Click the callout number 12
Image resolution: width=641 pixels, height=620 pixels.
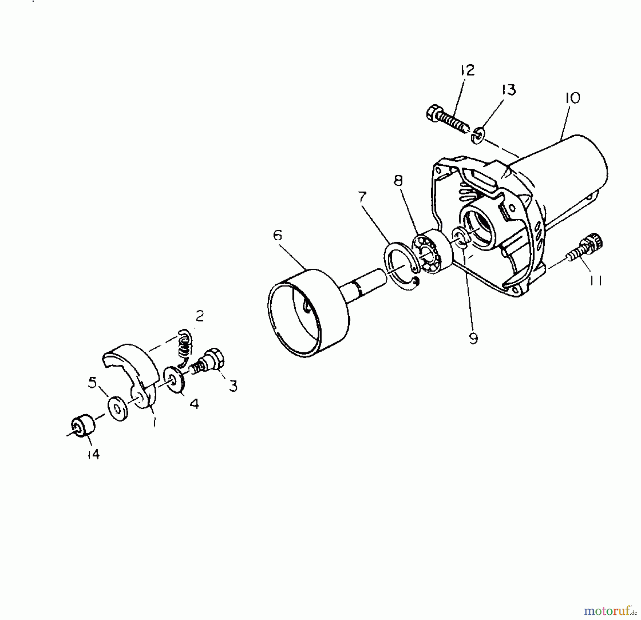coord(467,70)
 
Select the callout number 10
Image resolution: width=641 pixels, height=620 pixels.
coord(572,98)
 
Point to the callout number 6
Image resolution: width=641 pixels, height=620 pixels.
coord(278,235)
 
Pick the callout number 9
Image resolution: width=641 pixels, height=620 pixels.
coord(473,338)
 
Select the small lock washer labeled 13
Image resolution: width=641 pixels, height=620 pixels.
coord(478,136)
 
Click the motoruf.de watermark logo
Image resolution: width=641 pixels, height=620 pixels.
coord(609,611)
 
